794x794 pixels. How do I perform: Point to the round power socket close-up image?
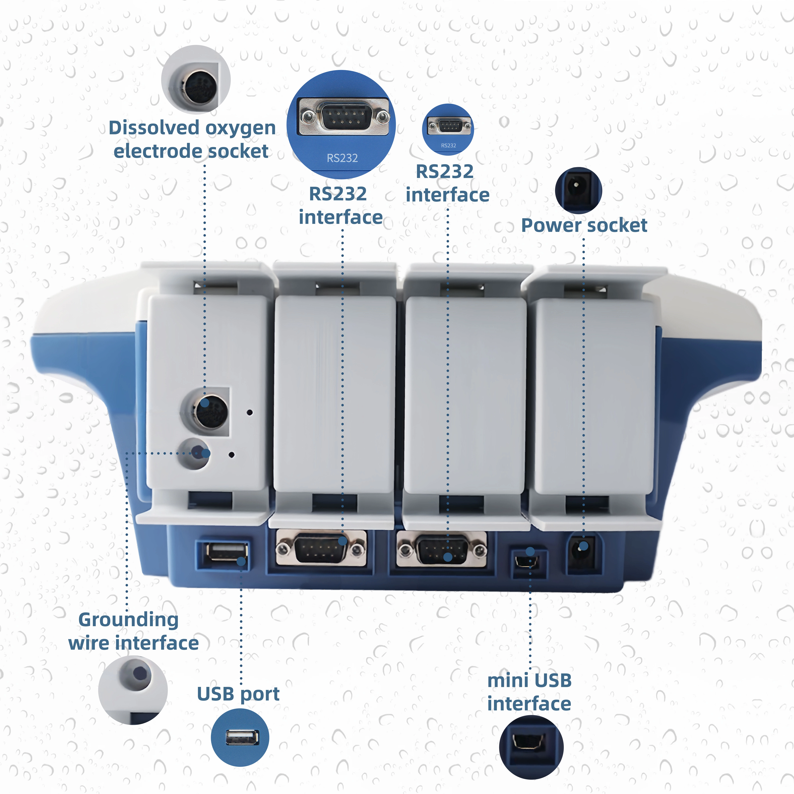(x=578, y=190)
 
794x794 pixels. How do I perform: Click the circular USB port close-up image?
(x=240, y=737)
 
